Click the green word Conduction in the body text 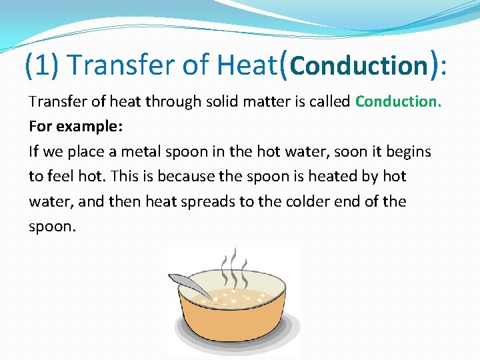tap(398, 101)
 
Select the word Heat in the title tap(246, 65)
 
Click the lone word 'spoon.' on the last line tap(53, 226)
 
